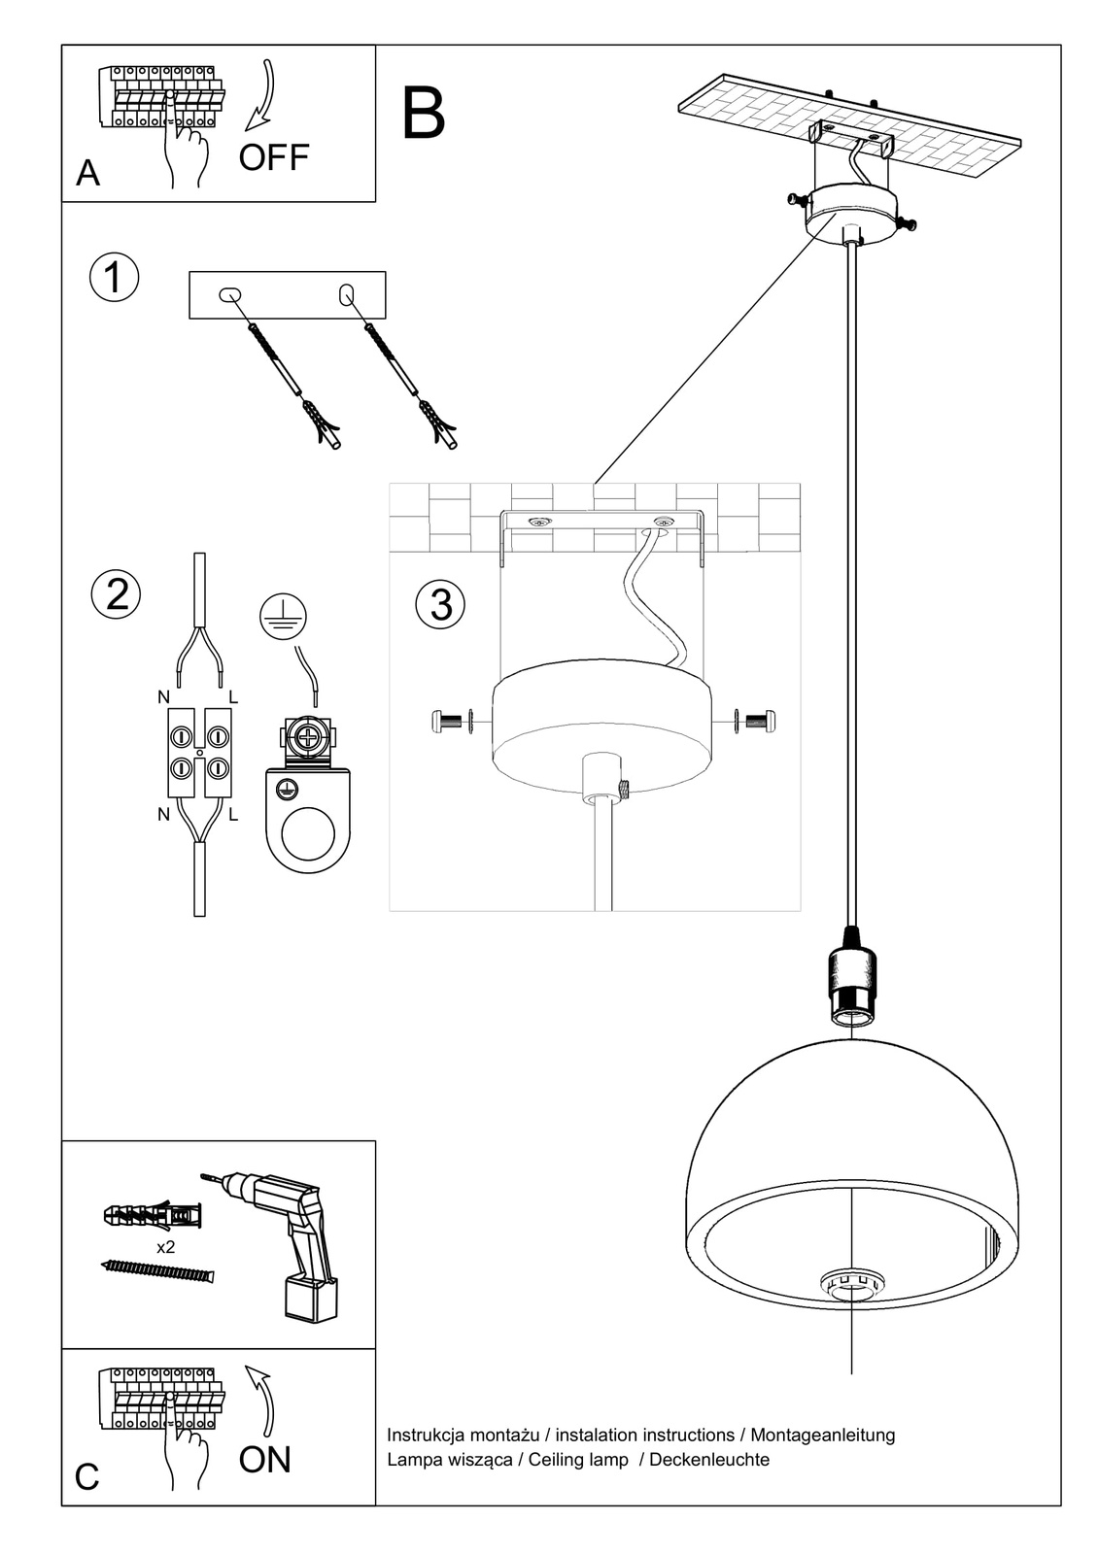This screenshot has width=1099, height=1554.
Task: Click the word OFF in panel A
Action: pos(273,156)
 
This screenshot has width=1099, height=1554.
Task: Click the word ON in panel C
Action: pos(264,1459)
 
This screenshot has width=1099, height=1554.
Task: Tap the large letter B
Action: pos(423,114)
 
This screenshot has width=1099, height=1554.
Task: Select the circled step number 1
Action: pos(114,277)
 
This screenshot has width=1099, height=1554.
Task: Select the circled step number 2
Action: pos(117,593)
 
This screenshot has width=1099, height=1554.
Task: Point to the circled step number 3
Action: pos(440,604)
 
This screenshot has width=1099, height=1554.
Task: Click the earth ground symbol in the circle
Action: pos(283,617)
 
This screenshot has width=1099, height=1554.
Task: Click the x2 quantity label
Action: pos(165,1247)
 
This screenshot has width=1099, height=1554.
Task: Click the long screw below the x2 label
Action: pos(156,1270)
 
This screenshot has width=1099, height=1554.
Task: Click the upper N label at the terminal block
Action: pos(163,696)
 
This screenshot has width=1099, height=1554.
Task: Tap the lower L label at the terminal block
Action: pos(233,816)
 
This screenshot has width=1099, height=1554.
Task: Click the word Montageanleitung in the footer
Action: pos(823,1435)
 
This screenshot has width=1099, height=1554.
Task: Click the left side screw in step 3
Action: pos(448,721)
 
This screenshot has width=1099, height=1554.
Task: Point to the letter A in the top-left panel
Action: pos(87,173)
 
